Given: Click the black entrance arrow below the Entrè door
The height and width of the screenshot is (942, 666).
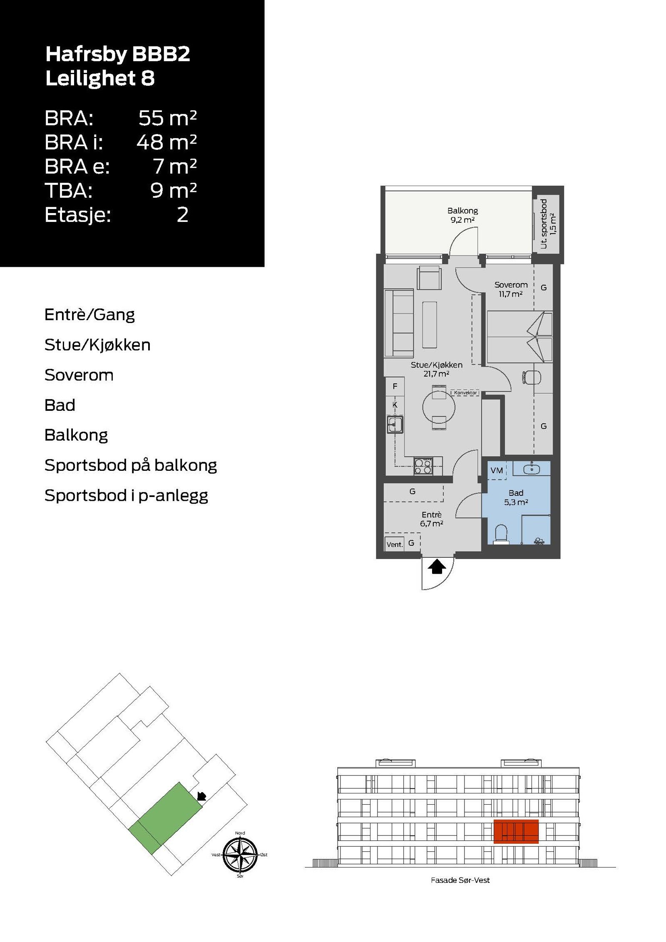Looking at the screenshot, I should (437, 567).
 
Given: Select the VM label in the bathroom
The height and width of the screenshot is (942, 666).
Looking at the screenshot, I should (497, 470).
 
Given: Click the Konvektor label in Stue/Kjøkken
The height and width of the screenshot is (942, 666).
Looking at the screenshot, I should (465, 393).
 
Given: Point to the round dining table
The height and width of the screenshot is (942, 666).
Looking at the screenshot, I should (439, 408).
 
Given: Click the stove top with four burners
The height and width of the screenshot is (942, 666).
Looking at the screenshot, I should (423, 466).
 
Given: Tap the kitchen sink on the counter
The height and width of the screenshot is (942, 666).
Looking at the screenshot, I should (395, 425).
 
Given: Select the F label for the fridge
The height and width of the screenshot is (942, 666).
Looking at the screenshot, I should (395, 386).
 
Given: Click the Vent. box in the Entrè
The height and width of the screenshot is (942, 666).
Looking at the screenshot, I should (394, 544).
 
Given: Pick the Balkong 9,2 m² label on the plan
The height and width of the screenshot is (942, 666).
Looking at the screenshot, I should (462, 215).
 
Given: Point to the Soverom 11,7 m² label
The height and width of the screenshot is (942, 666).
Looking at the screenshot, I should (511, 289).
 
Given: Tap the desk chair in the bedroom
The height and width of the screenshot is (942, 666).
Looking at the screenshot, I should (532, 377).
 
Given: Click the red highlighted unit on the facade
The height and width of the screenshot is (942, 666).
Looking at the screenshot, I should (516, 831).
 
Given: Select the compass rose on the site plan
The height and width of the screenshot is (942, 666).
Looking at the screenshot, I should (240, 855).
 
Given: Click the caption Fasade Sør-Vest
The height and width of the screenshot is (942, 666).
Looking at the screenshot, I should (460, 880).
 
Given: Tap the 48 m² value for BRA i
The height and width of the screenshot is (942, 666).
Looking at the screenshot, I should (166, 142).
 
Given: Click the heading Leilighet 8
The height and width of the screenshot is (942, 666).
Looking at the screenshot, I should (100, 78).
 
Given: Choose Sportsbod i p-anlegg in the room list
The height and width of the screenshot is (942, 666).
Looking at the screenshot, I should (126, 495).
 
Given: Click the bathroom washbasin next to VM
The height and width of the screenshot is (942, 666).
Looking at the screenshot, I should (532, 469).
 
